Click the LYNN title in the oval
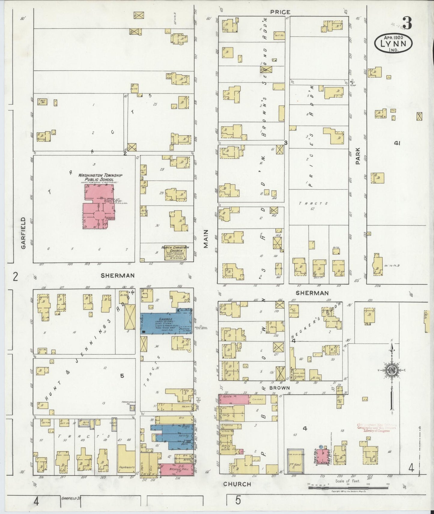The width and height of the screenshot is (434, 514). [x=393, y=44]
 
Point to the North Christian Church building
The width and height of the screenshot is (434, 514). [x=175, y=253]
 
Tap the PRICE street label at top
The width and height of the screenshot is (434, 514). [x=280, y=12]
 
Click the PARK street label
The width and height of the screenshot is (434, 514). [x=358, y=156]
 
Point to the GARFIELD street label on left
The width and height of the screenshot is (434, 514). [x=23, y=233]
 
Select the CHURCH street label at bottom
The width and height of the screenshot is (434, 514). [x=237, y=484]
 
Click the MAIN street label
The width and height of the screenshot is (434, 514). [x=206, y=239]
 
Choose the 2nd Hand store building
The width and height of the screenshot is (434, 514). [x=296, y=461]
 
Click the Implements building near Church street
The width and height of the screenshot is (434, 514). [x=126, y=459]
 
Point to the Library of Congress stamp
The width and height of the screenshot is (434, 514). [x=377, y=428]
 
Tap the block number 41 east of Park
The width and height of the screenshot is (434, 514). [x=397, y=143]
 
